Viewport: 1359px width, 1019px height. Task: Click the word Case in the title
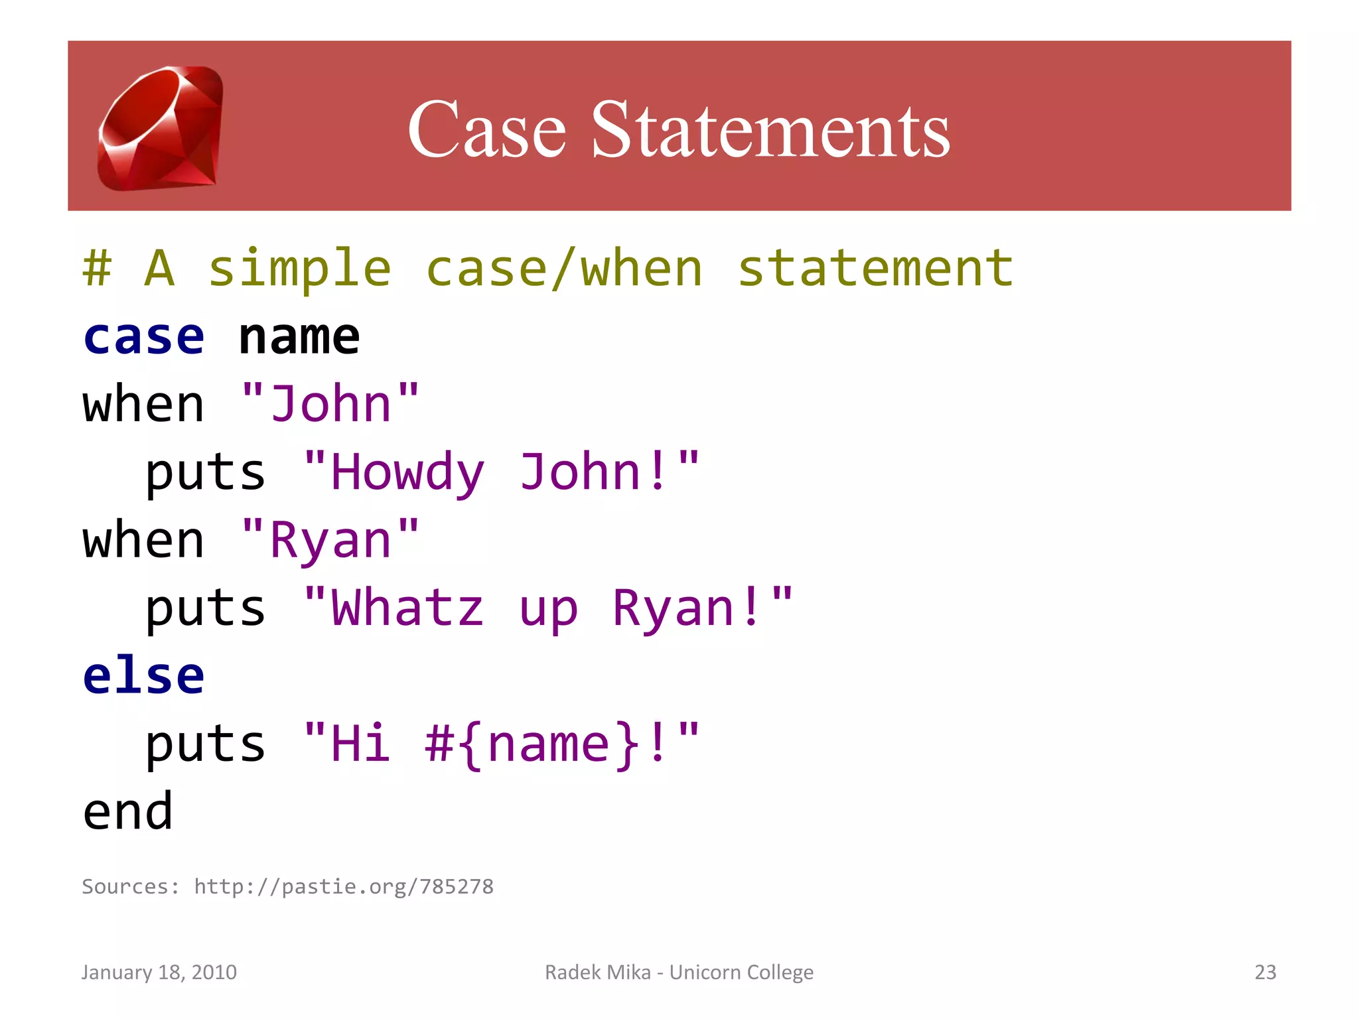[x=486, y=129]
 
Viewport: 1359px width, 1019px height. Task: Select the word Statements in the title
[x=770, y=129]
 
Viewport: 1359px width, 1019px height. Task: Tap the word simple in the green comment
[x=300, y=269]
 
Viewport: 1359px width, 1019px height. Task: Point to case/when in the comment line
[x=564, y=269]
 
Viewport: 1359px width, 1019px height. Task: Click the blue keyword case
[x=144, y=337]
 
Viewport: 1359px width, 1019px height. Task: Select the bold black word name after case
[x=299, y=337]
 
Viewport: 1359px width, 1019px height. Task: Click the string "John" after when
[x=330, y=404]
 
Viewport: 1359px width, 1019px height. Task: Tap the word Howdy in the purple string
[x=407, y=472]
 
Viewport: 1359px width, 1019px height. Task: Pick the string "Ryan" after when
[x=330, y=540]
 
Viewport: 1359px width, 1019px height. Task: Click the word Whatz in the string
[x=407, y=608]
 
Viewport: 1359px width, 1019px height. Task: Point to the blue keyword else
[x=144, y=676]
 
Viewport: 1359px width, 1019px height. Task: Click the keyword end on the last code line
[x=128, y=812]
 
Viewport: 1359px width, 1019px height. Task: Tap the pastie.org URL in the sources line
[x=344, y=887]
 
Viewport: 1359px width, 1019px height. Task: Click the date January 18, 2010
[x=159, y=972]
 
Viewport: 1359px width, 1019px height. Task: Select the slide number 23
[x=1265, y=972]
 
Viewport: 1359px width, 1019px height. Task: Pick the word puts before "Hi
[x=206, y=744]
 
